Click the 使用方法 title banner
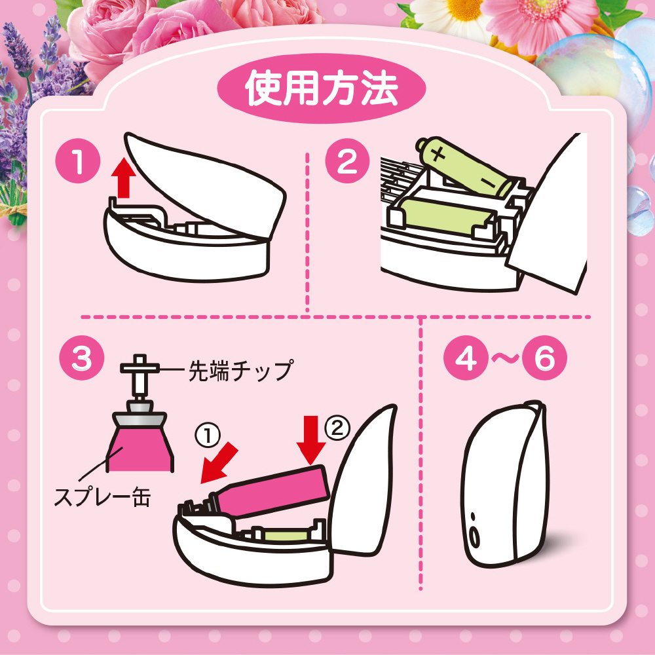(321, 88)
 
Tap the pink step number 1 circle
(78, 161)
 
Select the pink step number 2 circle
(348, 161)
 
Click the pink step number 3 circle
(81, 358)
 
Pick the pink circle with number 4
(465, 358)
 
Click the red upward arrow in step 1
(124, 177)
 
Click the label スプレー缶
(103, 497)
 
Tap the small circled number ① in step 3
(208, 436)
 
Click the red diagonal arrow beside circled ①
(219, 463)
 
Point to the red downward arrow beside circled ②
(311, 440)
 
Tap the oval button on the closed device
(475, 538)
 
